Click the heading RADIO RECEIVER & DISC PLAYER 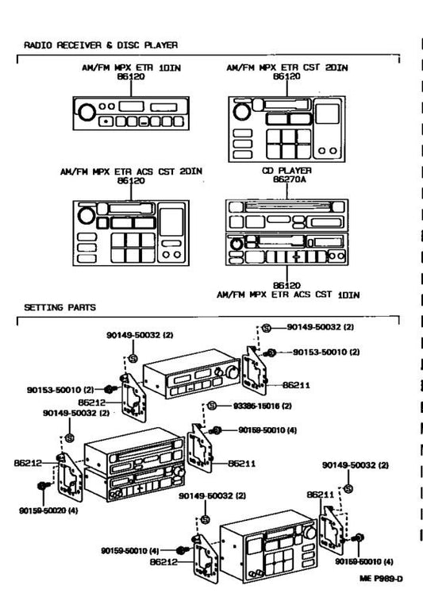pyautogui.click(x=100, y=45)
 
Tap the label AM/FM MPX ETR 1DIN pyautogui.click(x=132, y=69)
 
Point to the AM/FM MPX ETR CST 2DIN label pyautogui.click(x=286, y=69)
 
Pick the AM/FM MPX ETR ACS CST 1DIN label pyautogui.click(x=288, y=295)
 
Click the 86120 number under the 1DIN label pyautogui.click(x=132, y=78)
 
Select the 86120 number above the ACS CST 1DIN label pyautogui.click(x=287, y=285)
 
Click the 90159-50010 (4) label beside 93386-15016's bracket pyautogui.click(x=267, y=430)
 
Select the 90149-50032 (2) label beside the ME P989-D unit pyautogui.click(x=355, y=464)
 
